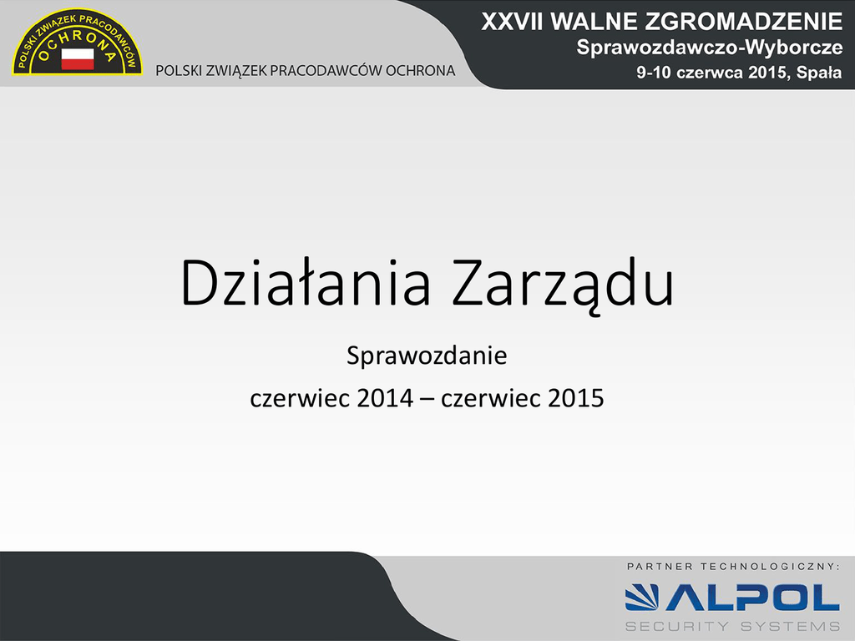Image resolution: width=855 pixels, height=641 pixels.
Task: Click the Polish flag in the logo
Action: [x=78, y=58]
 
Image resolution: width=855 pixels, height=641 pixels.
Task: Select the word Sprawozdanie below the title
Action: [x=427, y=356]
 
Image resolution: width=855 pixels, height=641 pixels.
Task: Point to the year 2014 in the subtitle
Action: [x=385, y=398]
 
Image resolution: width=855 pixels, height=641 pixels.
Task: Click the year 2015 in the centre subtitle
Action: [x=576, y=398]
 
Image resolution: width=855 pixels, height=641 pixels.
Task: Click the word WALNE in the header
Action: [x=594, y=22]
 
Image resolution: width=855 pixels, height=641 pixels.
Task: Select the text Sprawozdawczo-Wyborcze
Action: [x=710, y=48]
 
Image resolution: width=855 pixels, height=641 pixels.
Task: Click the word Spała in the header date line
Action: [x=819, y=73]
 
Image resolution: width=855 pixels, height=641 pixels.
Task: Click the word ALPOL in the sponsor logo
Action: [x=752, y=598]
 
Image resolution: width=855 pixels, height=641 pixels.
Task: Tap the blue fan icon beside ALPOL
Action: [x=642, y=598]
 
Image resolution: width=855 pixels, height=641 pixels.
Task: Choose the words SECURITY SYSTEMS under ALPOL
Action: [x=732, y=626]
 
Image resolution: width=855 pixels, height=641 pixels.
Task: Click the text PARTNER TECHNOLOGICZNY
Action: [x=733, y=567]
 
